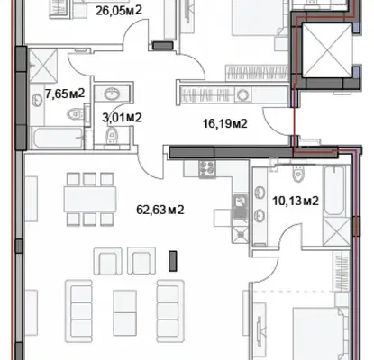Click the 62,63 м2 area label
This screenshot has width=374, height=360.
[x=160, y=210]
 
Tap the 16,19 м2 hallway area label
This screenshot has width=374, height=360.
[x=225, y=123]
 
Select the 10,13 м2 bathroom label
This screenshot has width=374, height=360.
[x=296, y=201]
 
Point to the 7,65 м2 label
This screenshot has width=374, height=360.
[x=65, y=94]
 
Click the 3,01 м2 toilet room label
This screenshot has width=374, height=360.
[x=122, y=118]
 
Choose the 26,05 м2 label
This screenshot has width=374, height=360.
[x=119, y=11]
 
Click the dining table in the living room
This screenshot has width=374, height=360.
[x=90, y=199]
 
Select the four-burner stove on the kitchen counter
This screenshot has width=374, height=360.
[x=207, y=169]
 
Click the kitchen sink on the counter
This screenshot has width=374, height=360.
[x=240, y=206]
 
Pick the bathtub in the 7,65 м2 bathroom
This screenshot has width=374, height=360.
[x=58, y=139]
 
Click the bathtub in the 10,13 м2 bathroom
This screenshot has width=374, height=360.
[x=335, y=191]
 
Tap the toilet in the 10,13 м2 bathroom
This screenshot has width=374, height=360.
[x=298, y=174]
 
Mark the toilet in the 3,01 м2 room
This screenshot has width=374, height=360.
[x=112, y=136]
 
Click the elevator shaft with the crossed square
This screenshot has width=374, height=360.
[x=327, y=50]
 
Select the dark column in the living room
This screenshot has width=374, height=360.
[x=172, y=261]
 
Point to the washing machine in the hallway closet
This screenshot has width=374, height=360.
[x=242, y=95]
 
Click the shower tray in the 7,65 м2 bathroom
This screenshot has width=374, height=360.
[x=43, y=66]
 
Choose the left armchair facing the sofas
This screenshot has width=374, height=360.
[x=108, y=261]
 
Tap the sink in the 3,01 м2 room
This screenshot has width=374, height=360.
[x=112, y=94]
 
